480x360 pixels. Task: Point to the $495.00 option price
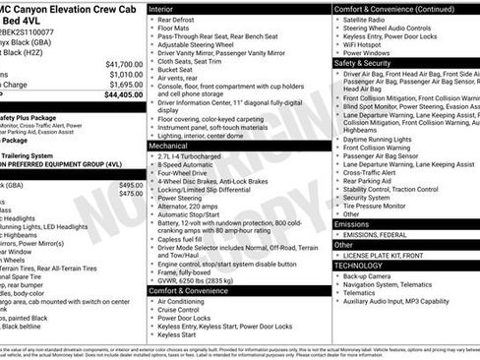pyautogui.click(x=130, y=185)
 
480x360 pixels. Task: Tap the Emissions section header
pyautogui.click(x=353, y=224)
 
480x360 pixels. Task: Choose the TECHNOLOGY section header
pyautogui.click(x=358, y=266)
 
